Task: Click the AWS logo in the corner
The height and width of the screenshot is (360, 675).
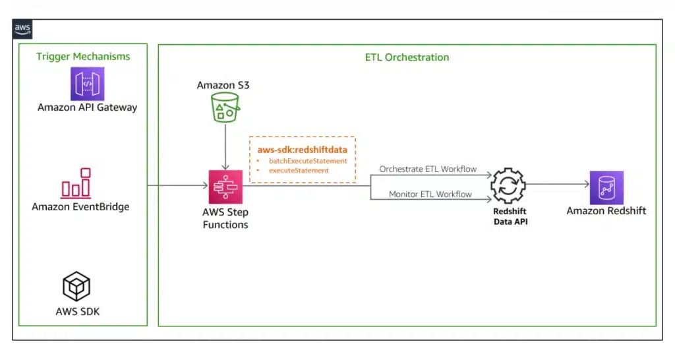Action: [x=22, y=30]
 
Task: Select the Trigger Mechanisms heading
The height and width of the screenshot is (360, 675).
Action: [x=83, y=57]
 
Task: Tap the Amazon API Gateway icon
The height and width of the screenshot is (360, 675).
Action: [x=88, y=84]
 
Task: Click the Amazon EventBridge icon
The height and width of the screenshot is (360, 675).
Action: [x=76, y=183]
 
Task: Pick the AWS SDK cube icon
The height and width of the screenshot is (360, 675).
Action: [x=76, y=286]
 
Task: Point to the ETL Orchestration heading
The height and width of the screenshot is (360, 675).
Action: [x=407, y=57]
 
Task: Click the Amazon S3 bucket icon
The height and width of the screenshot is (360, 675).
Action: [x=226, y=107]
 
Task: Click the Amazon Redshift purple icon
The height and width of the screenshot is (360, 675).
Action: [x=606, y=187]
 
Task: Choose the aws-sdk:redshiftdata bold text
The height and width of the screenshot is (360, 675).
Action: [x=302, y=150]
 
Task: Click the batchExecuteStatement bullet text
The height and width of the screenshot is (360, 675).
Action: [x=308, y=161]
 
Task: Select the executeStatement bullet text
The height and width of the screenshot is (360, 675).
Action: [x=299, y=170]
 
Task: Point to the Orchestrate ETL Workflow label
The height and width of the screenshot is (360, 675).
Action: [x=428, y=169]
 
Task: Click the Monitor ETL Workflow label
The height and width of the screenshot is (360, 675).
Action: [x=430, y=194]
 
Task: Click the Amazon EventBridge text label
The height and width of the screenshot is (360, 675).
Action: [x=80, y=207]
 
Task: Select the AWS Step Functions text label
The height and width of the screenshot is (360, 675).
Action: [x=225, y=219]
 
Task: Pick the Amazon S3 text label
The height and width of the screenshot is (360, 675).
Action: [x=223, y=86]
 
